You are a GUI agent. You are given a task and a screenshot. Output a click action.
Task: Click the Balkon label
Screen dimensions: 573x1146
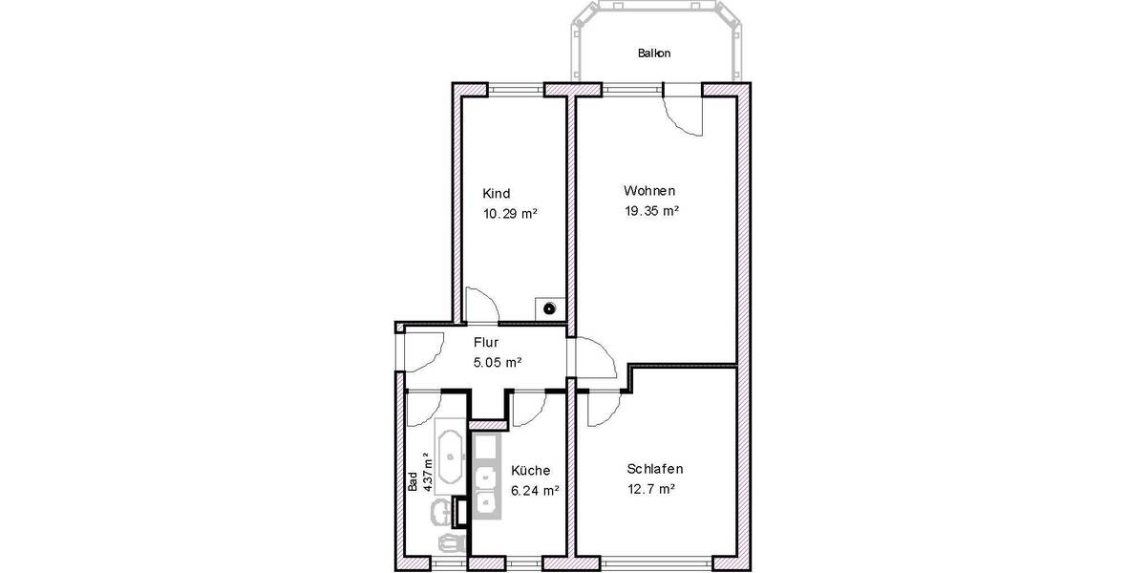coord(653,53)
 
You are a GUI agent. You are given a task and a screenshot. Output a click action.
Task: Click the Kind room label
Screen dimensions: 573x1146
coord(496,193)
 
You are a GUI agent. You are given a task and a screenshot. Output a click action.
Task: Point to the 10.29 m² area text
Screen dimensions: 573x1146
coord(509,214)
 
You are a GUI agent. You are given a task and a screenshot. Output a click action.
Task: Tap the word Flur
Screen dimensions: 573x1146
coord(486,342)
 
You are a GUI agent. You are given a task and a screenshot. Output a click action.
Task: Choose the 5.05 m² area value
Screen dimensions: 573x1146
coord(497,362)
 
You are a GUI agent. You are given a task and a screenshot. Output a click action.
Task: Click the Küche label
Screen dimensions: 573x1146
coord(529,471)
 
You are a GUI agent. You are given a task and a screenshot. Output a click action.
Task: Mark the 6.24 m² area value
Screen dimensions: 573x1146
coord(535,490)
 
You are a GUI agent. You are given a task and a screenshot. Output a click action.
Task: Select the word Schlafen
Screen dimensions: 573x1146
coord(655,469)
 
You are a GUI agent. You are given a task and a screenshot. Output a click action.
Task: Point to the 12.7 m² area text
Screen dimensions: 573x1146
coord(651,489)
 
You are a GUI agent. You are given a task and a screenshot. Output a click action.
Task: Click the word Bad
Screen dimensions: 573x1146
coord(413,482)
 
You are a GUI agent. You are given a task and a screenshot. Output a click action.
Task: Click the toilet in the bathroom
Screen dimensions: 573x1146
coord(449,541)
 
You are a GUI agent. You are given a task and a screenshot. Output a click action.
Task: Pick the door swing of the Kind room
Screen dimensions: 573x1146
coord(479,306)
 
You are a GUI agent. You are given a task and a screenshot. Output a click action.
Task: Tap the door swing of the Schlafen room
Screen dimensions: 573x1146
coord(602,409)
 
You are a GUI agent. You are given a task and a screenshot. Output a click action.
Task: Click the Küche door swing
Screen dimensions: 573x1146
coord(526,408)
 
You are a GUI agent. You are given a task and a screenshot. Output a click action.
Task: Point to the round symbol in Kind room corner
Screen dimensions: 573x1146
coord(550,308)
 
